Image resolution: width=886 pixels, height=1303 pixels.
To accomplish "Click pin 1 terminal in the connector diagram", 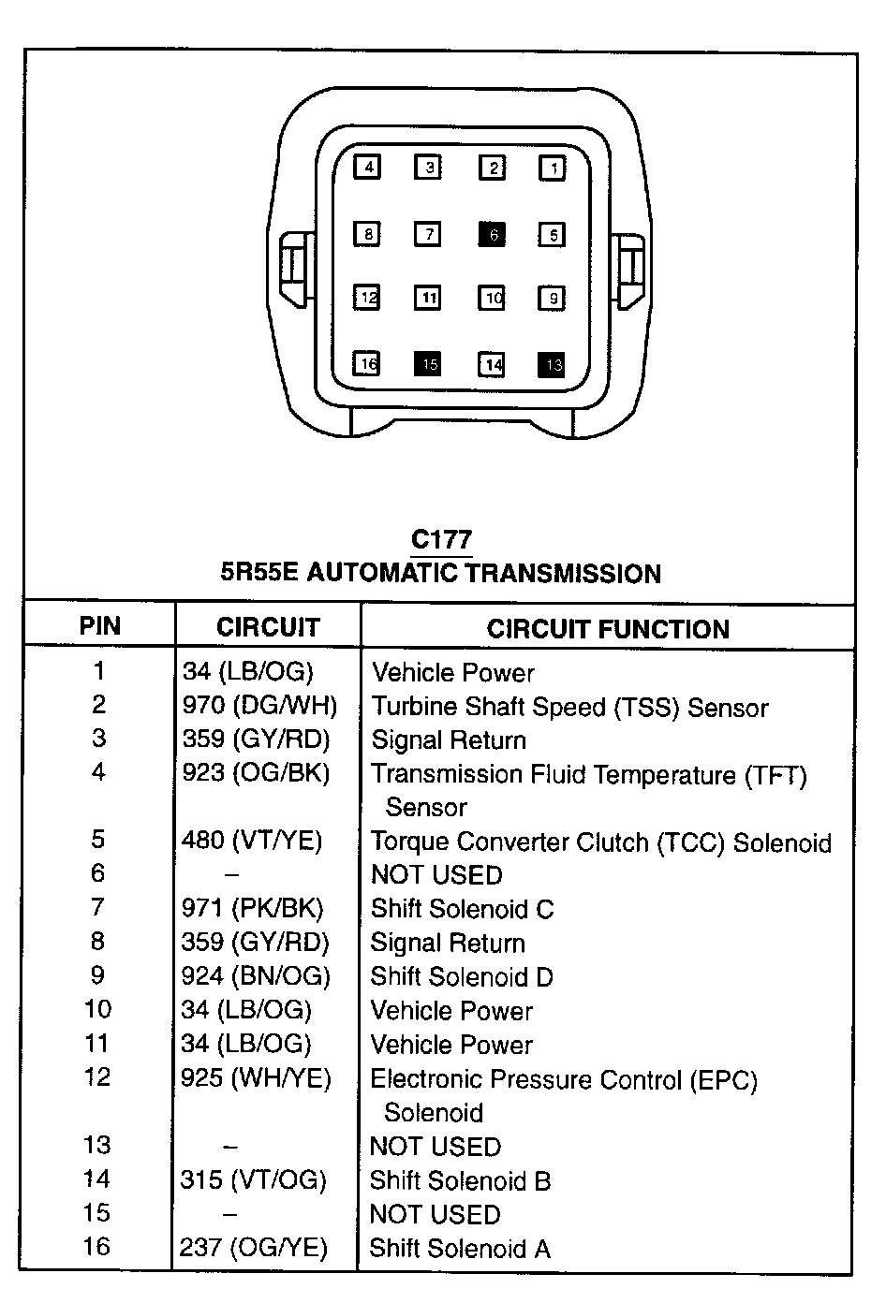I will [x=553, y=168].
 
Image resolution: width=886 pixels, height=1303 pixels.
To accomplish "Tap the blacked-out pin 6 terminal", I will [x=492, y=234].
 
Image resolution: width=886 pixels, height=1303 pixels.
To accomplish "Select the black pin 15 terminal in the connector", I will [x=428, y=364].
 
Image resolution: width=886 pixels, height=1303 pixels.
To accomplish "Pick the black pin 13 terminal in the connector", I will [x=552, y=364].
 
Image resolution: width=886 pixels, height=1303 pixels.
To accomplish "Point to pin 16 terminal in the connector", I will [x=367, y=364].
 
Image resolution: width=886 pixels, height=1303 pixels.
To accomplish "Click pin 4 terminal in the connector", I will [x=368, y=168].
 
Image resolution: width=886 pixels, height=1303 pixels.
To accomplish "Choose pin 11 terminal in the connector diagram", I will [x=428, y=299].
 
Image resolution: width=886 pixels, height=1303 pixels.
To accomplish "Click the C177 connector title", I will [x=441, y=540].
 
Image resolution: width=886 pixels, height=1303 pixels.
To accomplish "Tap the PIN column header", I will [x=100, y=626].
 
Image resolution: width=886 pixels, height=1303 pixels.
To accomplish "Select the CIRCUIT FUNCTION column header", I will [x=608, y=629].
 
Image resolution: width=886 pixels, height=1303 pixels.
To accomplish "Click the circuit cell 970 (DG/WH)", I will [x=259, y=706].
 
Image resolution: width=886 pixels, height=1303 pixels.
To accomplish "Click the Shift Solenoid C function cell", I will [x=462, y=909].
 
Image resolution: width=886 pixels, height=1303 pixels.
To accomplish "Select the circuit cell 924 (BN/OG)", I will [x=256, y=976].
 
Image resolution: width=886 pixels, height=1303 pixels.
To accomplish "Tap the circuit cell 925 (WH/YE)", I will [x=256, y=1078].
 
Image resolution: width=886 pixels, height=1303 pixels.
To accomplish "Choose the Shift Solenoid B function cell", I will [x=460, y=1180].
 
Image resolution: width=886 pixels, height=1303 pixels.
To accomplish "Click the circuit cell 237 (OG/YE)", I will [x=254, y=1248].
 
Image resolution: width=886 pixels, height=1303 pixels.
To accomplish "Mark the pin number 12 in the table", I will [x=97, y=1077].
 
